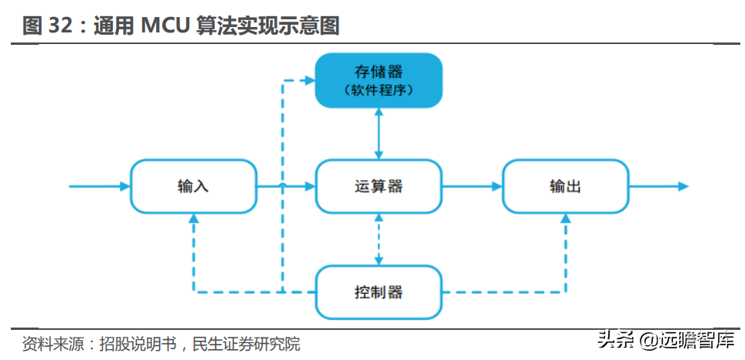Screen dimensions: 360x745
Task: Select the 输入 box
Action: click(x=193, y=186)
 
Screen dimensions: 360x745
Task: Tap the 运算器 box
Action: click(x=379, y=186)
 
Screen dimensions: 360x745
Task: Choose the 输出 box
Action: click(x=565, y=186)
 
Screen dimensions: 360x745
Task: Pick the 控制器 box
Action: click(x=379, y=292)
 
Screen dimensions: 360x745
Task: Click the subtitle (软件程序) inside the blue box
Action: click(x=378, y=90)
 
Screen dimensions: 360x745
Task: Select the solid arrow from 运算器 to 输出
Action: click(x=472, y=186)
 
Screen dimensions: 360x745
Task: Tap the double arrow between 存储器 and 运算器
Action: click(x=379, y=133)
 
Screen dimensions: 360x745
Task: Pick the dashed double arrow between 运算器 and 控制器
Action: click(x=379, y=239)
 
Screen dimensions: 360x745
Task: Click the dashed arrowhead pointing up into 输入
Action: click(x=194, y=220)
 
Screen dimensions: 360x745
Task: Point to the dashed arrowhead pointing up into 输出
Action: click(x=565, y=220)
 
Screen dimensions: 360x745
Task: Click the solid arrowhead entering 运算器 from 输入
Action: click(x=310, y=186)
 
